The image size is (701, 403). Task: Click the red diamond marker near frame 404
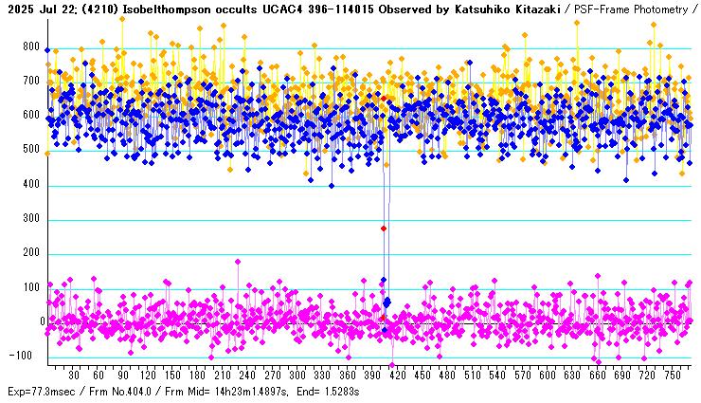[384, 229]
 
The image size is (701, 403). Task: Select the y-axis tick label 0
[42, 322]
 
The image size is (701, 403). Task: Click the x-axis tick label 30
[74, 375]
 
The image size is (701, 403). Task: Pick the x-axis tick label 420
[397, 375]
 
